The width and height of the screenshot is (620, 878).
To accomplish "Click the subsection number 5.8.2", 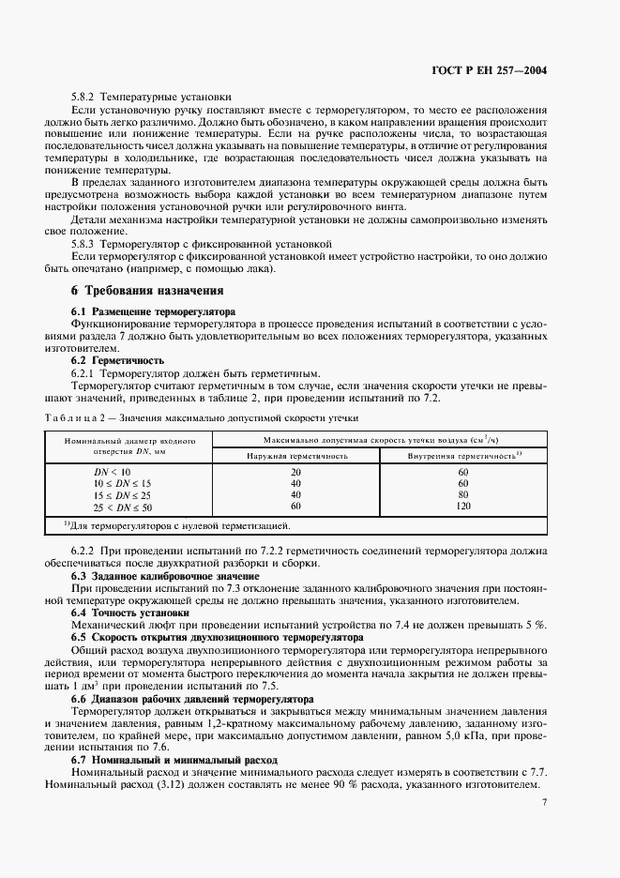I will (84, 97).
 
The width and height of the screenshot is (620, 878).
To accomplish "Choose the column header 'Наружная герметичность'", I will (297, 455).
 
